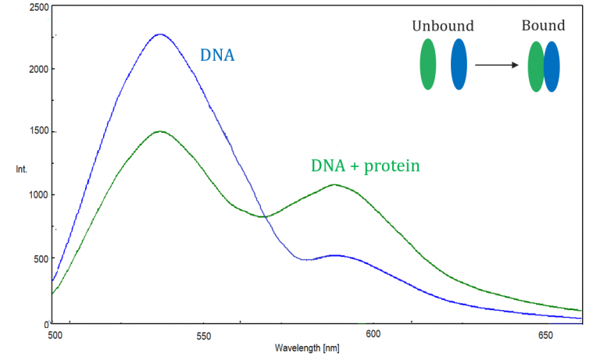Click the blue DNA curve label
point(218,55)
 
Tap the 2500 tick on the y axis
point(34,7)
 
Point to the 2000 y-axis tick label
point(34,69)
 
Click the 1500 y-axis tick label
point(34,132)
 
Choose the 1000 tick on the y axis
point(34,195)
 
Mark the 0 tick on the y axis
point(45,323)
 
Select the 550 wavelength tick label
point(203,335)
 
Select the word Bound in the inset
point(543,26)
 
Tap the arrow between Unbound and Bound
point(498,65)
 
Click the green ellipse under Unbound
point(428,64)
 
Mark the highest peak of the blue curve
point(160,34)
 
